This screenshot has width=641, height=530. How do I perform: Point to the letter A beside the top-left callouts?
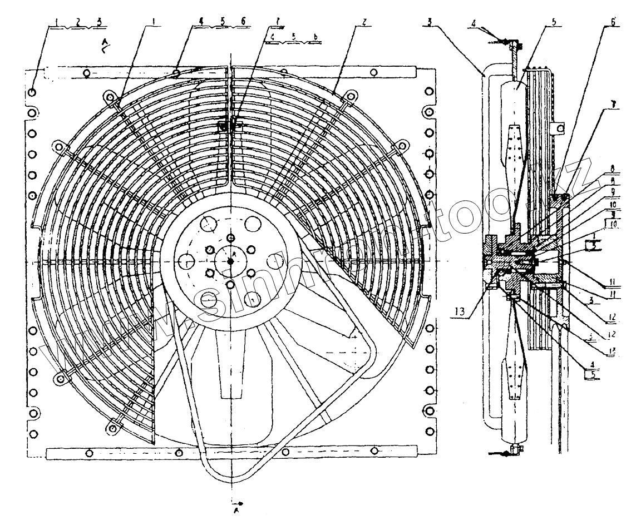pos(104,42)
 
